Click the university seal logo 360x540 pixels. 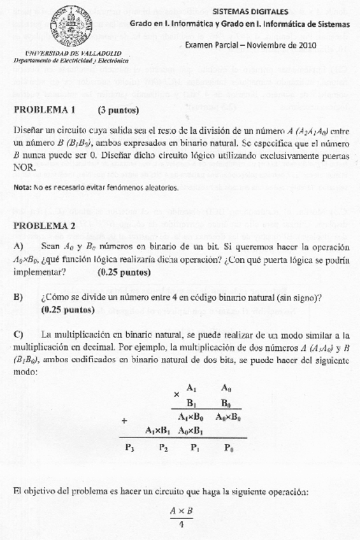coord(71,24)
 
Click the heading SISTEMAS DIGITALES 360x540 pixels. coord(250,11)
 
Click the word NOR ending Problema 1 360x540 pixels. coord(22,167)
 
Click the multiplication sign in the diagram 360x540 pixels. coord(176,394)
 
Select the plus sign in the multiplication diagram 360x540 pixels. coord(124,420)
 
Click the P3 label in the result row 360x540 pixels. coord(131,448)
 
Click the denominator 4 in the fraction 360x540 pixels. coord(182,525)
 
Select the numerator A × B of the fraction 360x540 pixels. coord(182,511)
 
